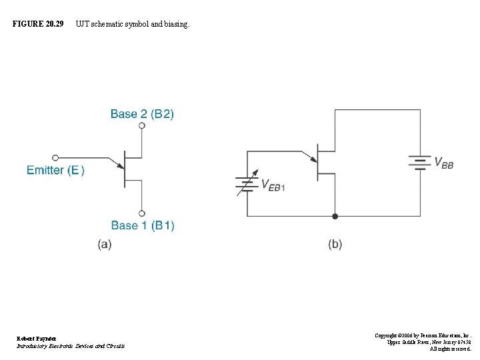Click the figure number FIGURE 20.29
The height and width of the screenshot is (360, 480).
tap(38, 24)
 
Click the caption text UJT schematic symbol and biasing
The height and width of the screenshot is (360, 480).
tap(132, 24)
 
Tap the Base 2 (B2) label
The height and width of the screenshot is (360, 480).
tap(142, 114)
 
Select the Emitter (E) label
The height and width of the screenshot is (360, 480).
tap(55, 170)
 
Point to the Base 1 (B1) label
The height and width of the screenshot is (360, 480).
tap(142, 225)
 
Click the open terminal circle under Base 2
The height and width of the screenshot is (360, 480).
tap(142, 125)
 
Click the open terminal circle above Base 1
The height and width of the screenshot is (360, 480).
tap(142, 213)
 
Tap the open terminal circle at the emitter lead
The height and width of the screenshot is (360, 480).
tap(55, 158)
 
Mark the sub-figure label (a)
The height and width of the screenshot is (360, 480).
tap(105, 244)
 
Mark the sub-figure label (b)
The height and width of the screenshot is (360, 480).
tap(335, 244)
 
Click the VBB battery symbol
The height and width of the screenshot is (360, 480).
tap(420, 163)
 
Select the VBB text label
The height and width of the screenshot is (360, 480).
tap(444, 163)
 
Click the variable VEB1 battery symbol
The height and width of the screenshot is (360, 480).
tap(247, 185)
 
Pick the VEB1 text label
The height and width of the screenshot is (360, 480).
tap(273, 185)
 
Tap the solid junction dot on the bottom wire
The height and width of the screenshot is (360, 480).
tap(335, 216)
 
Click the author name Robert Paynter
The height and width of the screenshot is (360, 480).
tap(37, 338)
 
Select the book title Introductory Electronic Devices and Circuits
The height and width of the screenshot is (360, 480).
tap(71, 345)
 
